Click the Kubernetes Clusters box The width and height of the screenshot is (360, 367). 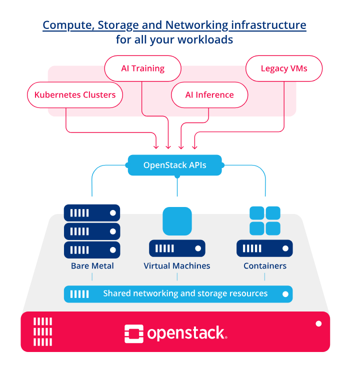click(x=75, y=95)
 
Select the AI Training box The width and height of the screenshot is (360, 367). click(x=142, y=68)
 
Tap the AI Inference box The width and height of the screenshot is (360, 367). click(x=209, y=95)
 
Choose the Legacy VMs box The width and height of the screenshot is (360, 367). click(x=284, y=68)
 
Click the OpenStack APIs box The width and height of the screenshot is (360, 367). click(x=174, y=165)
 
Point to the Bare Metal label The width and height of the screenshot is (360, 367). click(x=92, y=266)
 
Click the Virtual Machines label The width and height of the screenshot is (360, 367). click(x=177, y=266)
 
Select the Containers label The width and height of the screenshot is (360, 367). click(x=265, y=266)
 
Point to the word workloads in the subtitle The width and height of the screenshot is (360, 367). click(x=209, y=39)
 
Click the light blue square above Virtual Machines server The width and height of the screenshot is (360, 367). click(x=177, y=221)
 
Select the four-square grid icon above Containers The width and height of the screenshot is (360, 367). click(x=264, y=221)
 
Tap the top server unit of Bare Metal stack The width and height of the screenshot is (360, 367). click(x=92, y=213)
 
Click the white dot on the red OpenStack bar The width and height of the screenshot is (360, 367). click(x=318, y=324)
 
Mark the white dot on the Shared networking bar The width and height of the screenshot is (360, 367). click(x=286, y=294)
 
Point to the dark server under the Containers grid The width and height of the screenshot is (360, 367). click(x=264, y=248)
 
